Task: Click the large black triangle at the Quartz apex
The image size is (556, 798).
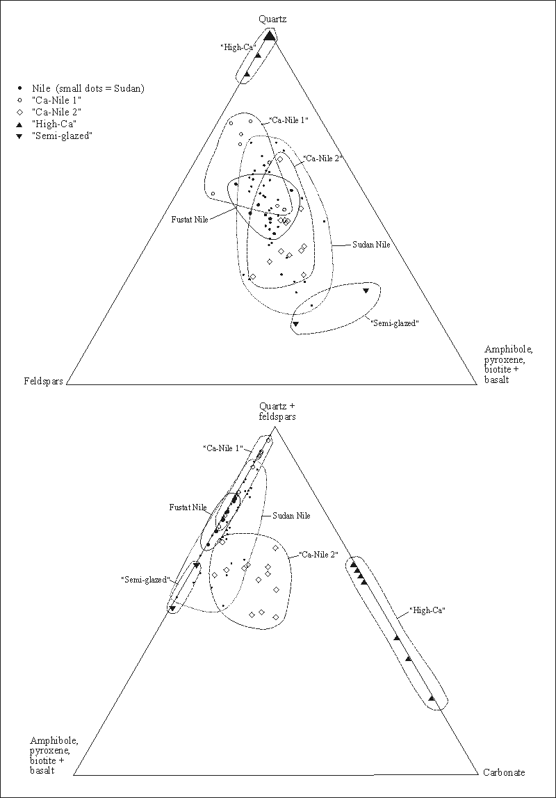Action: (270, 37)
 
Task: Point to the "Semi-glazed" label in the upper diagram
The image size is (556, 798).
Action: (395, 322)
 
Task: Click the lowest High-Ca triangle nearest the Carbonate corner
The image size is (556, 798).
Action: (432, 698)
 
